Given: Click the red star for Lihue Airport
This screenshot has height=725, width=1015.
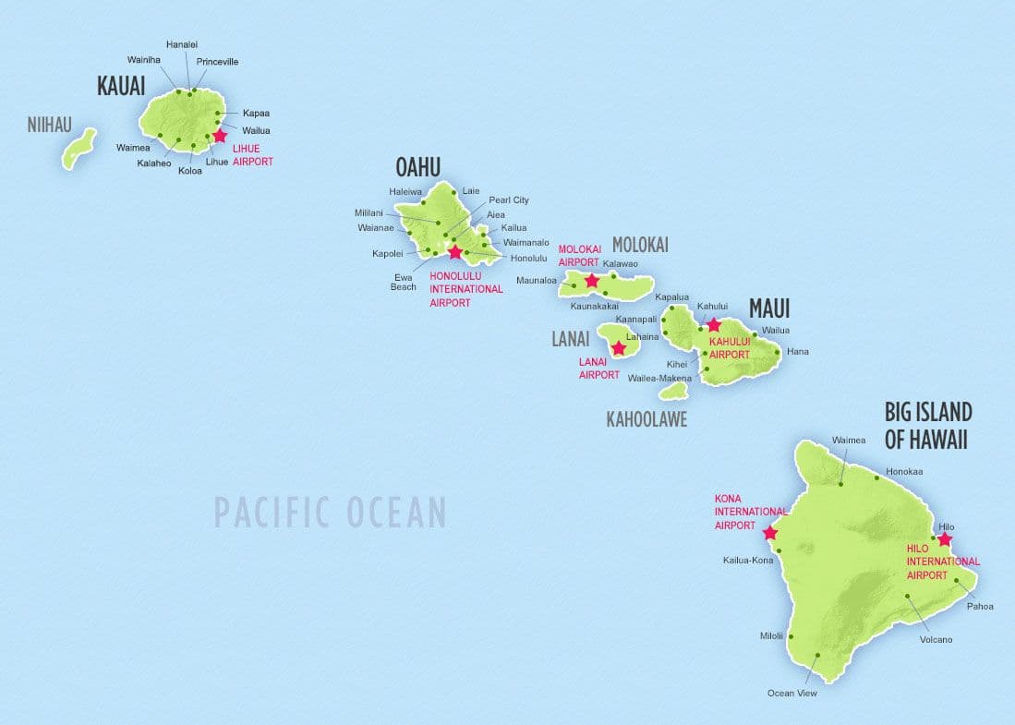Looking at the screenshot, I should click(219, 136).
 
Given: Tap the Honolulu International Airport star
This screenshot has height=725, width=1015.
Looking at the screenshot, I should click(454, 252).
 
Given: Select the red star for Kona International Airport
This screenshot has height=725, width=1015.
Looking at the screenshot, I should click(769, 533).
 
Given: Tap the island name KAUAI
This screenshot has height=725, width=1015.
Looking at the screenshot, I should click(121, 87).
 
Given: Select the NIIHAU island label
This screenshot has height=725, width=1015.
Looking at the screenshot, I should click(49, 125).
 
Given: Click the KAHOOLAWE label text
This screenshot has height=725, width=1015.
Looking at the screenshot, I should click(646, 419).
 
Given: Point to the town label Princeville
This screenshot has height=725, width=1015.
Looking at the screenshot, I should click(217, 62).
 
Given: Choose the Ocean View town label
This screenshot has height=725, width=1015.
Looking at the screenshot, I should click(791, 693).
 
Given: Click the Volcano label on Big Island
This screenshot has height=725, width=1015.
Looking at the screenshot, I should click(936, 639).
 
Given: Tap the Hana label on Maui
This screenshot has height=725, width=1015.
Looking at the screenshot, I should click(797, 352).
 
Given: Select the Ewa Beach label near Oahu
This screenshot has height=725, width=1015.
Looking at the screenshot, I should click(403, 281).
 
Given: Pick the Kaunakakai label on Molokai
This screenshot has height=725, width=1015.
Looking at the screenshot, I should click(595, 306).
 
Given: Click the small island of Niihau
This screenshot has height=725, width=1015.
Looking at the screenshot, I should click(79, 149).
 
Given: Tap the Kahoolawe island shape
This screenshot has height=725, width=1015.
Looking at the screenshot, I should click(673, 392).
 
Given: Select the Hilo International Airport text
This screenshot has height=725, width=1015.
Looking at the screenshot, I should click(942, 562).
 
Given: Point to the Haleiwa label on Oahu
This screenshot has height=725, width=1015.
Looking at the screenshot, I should click(405, 191).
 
